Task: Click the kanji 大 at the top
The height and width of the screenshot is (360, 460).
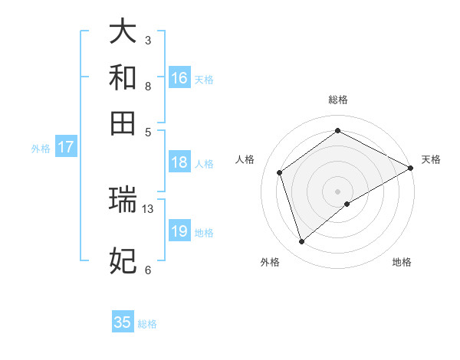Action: pos(123,31)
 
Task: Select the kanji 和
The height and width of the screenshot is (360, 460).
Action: pos(123,77)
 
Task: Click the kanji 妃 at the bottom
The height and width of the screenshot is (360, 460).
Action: pos(123,260)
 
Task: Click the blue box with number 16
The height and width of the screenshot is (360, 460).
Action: pos(179,77)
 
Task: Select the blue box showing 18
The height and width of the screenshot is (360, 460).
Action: pos(179,162)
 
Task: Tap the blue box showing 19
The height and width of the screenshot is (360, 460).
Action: pos(179,231)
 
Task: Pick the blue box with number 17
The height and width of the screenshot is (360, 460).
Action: pos(65,147)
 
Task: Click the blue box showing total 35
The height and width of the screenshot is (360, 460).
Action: pos(123,322)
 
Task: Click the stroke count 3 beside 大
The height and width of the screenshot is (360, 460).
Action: pos(148,40)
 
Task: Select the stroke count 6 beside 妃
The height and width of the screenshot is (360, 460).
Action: pos(148,270)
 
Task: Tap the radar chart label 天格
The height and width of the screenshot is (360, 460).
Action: pos(431,159)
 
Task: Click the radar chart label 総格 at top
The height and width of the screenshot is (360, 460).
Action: pos(337,100)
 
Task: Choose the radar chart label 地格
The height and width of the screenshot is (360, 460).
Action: pos(402,262)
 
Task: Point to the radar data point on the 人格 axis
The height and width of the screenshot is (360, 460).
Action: pos(280,172)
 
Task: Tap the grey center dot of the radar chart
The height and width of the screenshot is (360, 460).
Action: pos(337,191)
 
